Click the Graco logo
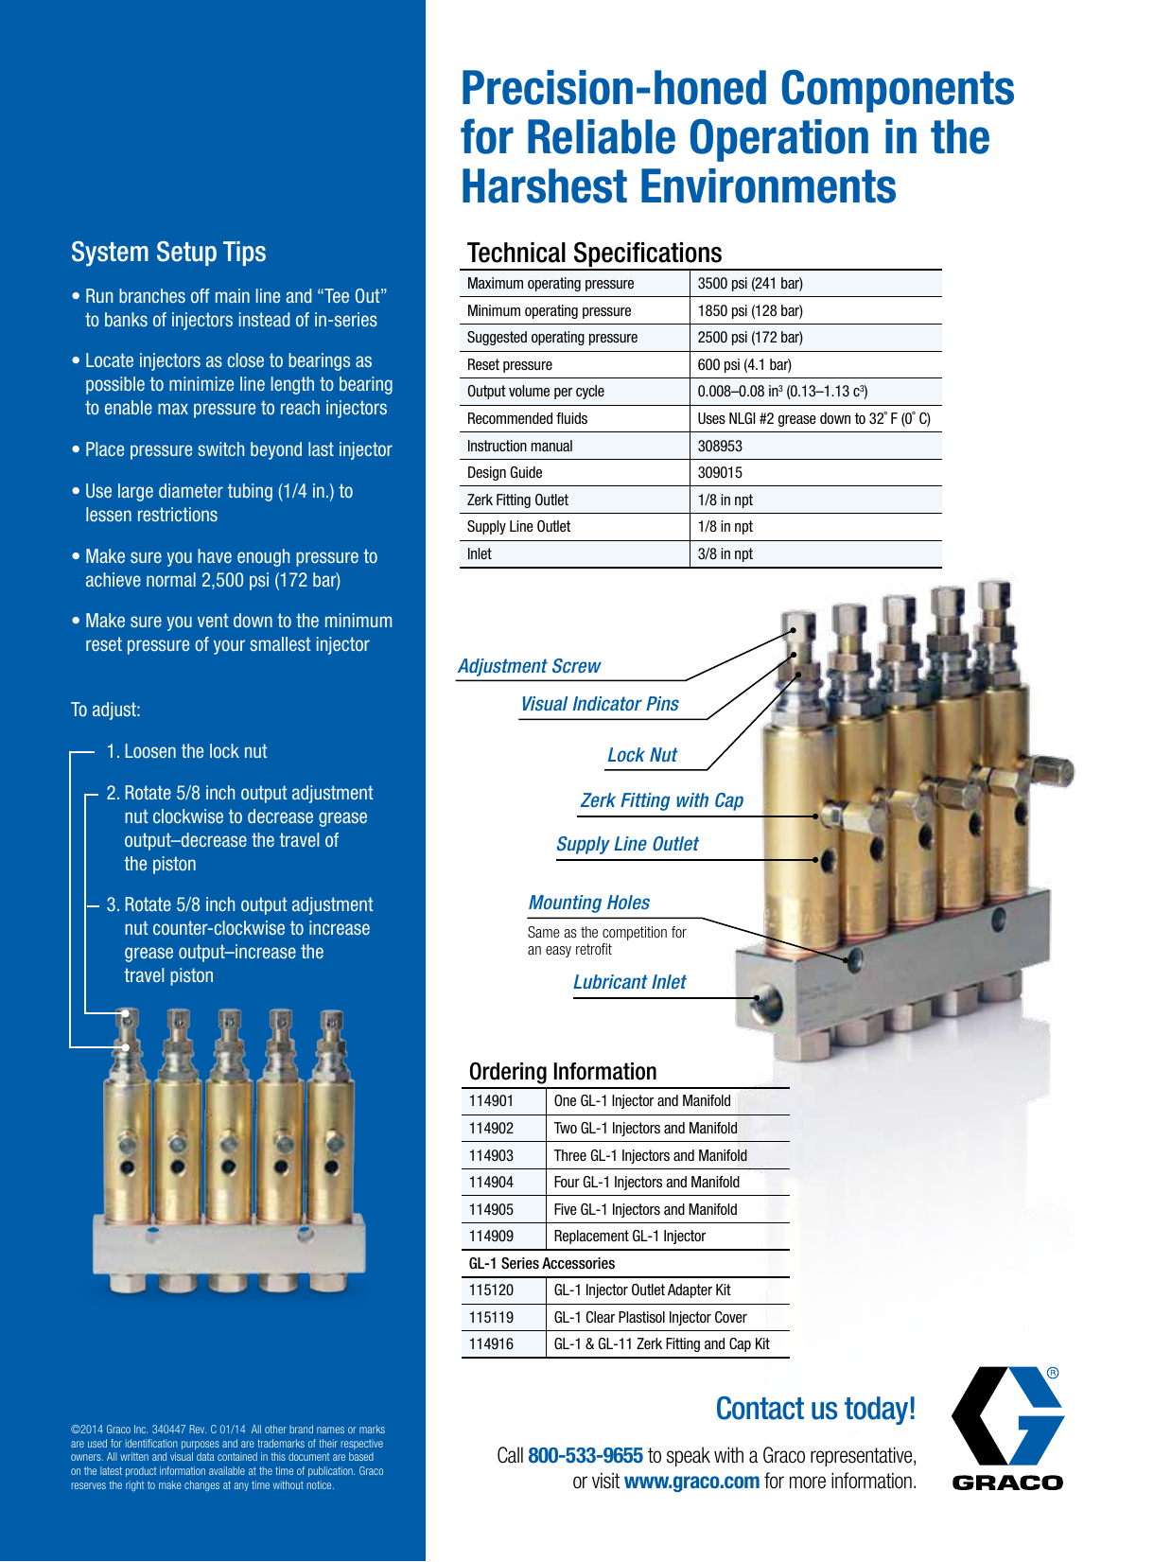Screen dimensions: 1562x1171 point(1007,1429)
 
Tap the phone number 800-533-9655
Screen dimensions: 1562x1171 point(585,1455)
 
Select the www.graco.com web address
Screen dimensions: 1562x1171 point(691,1482)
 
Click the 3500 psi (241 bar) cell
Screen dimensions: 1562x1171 point(749,284)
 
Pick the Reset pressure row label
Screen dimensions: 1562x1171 point(510,365)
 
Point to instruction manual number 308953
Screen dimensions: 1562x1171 point(720,446)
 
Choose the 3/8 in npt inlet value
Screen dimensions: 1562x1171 point(725,554)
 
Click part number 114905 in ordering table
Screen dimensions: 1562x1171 point(491,1210)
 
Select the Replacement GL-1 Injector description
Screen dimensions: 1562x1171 point(629,1237)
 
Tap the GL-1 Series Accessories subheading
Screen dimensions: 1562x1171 point(542,1264)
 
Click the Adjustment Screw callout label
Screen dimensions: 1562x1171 point(529,666)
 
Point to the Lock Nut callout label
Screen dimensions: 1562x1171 point(642,755)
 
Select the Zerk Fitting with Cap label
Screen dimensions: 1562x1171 point(662,800)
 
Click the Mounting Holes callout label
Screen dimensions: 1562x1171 point(588,903)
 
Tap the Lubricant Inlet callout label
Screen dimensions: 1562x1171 point(629,982)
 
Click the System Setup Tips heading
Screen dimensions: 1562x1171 point(168,252)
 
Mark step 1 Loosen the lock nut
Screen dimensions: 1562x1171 point(187,751)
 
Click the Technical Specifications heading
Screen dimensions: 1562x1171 point(594,253)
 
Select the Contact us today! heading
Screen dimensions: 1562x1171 point(815,1409)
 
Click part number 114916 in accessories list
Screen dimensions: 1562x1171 point(491,1344)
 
